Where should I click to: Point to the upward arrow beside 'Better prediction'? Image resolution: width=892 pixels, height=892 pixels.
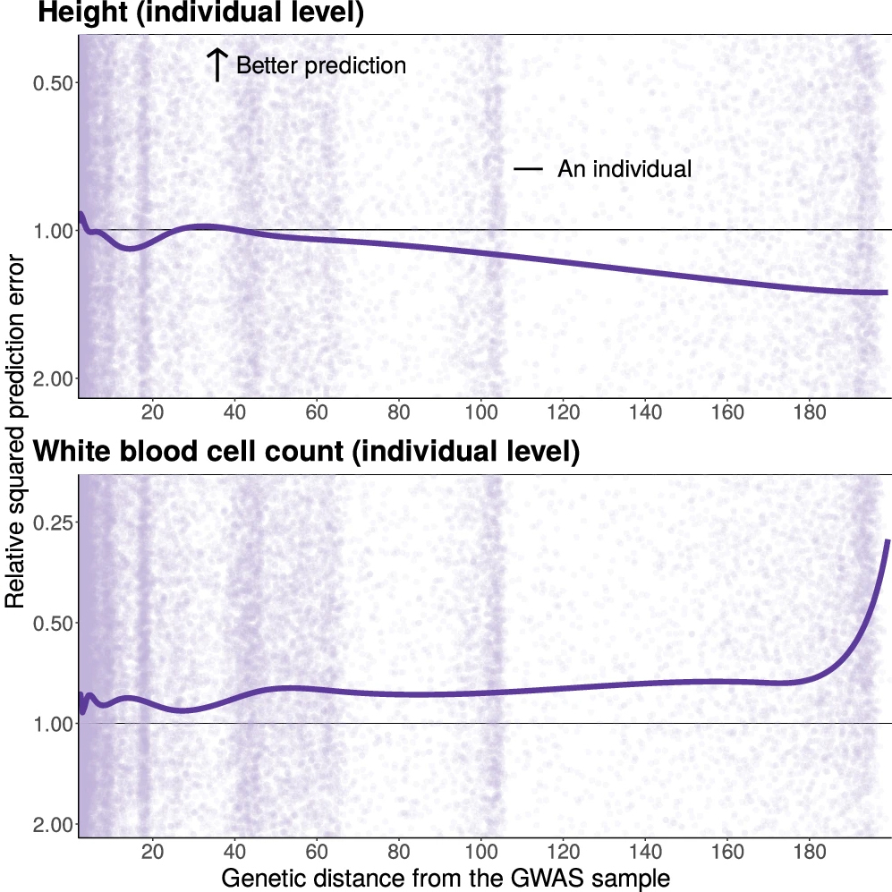point(217,65)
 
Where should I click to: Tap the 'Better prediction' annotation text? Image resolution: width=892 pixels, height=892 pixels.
point(321,65)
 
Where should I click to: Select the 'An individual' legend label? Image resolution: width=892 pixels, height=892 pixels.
point(624,168)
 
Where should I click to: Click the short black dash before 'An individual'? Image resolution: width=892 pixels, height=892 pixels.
point(529,168)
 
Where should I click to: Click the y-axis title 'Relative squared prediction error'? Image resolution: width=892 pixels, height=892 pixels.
point(15,431)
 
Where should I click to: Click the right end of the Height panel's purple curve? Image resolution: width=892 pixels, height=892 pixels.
point(886,293)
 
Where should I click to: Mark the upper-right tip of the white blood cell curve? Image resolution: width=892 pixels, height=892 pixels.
point(888,540)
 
